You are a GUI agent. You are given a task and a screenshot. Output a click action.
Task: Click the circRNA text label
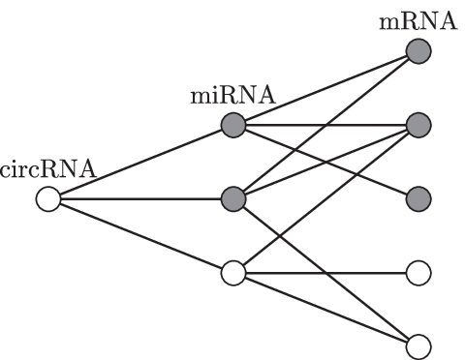click(x=47, y=170)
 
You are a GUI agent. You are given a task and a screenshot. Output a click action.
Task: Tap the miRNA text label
click(x=232, y=96)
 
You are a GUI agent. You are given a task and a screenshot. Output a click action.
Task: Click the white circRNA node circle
click(x=46, y=200)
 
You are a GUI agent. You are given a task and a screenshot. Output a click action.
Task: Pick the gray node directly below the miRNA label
click(x=232, y=125)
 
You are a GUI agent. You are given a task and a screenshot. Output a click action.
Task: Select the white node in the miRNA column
click(x=232, y=274)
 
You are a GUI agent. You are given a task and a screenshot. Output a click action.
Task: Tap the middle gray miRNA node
click(x=232, y=200)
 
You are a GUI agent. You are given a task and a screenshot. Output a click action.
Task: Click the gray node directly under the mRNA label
click(x=418, y=51)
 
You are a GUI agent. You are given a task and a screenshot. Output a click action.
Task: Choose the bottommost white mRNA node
click(x=418, y=346)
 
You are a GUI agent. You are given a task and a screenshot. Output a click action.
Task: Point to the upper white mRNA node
click(x=418, y=274)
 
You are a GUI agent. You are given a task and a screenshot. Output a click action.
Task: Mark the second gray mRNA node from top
click(x=418, y=125)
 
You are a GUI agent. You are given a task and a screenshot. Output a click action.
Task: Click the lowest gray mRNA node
click(x=418, y=200)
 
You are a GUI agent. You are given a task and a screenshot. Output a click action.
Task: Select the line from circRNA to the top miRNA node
click(x=139, y=163)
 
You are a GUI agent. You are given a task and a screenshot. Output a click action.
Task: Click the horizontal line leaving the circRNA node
click(x=139, y=200)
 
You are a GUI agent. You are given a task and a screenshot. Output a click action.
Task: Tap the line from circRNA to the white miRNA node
click(x=139, y=237)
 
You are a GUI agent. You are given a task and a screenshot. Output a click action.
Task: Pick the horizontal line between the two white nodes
click(x=325, y=274)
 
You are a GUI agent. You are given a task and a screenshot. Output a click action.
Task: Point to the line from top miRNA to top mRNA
click(x=325, y=88)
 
